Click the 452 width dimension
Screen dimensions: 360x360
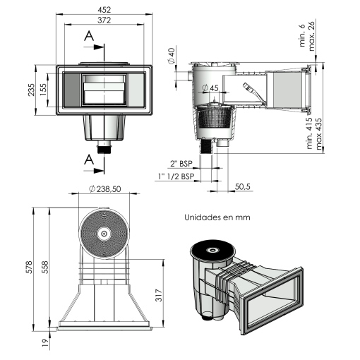pyautogui.click(x=104, y=10)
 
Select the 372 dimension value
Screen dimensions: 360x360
pyautogui.click(x=104, y=20)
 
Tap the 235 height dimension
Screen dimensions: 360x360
pyautogui.click(x=31, y=90)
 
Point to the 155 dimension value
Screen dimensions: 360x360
pyautogui.click(x=43, y=90)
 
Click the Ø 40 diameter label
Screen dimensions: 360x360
pyautogui.click(x=172, y=56)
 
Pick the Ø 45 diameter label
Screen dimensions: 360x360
pyautogui.click(x=210, y=88)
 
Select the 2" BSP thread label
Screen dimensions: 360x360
pyautogui.click(x=181, y=164)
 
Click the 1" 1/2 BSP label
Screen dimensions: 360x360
pyautogui.click(x=176, y=176)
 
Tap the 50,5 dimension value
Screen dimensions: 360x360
pyautogui.click(x=243, y=187)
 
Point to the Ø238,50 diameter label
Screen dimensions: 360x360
pyautogui.click(x=105, y=188)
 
